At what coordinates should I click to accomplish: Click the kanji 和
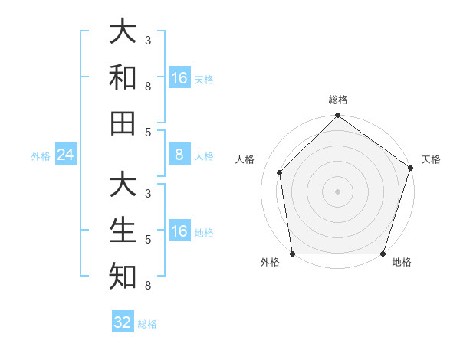[123, 78]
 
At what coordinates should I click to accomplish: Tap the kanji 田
[123, 123]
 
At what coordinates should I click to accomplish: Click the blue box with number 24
[65, 155]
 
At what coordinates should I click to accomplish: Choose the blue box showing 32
[123, 322]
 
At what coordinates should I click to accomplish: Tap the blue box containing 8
[179, 155]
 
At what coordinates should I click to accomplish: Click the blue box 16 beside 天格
[179, 78]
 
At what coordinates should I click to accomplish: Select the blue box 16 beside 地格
[179, 231]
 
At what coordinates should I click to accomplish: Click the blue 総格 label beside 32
[147, 324]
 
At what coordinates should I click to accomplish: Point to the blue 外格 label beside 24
[41, 156]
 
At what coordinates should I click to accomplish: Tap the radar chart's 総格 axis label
[337, 100]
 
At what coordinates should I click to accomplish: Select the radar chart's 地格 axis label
[402, 263]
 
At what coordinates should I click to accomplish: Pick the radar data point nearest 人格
[280, 172]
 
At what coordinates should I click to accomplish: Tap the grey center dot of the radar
[337, 191]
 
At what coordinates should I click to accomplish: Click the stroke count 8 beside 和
[148, 86]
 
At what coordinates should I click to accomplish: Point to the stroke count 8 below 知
[148, 286]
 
